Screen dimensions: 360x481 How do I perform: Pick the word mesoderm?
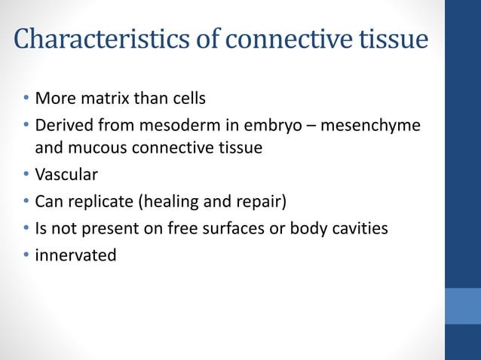coord(193,124)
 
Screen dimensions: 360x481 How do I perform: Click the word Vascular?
coord(66,175)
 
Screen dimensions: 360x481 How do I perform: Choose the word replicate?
coord(98,201)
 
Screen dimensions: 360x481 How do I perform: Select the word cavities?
coord(360,227)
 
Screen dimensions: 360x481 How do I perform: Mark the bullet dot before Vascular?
coord(26,175)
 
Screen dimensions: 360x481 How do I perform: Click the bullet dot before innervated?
coord(26,255)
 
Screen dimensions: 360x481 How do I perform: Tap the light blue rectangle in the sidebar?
coord(462,306)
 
